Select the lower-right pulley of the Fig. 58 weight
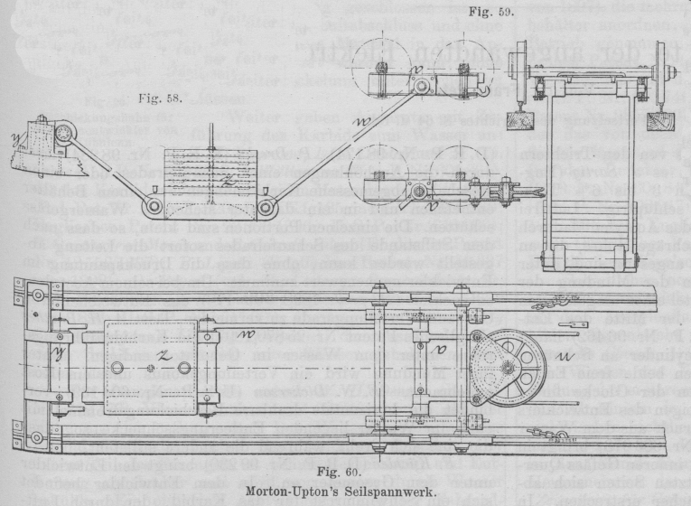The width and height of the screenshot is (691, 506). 266,208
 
